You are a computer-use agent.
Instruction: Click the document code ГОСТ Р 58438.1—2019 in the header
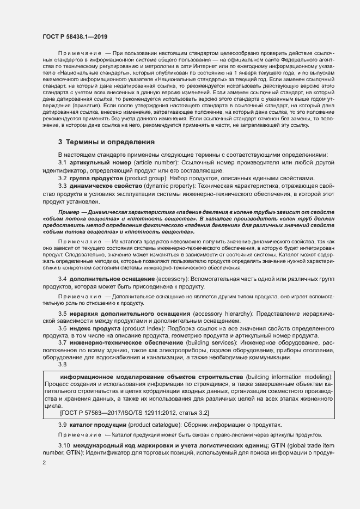75,36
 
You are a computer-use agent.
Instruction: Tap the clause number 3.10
64,446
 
